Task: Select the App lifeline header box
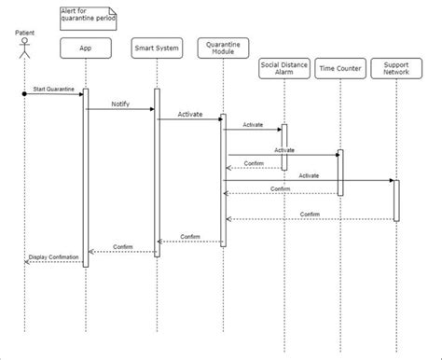click(x=86, y=47)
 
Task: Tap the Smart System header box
click(x=156, y=47)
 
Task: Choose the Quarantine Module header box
click(x=223, y=47)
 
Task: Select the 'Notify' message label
click(x=120, y=104)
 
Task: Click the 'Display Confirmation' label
click(x=53, y=256)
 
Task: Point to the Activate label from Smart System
click(x=190, y=113)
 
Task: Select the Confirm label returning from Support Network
click(x=310, y=215)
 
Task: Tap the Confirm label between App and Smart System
click(x=122, y=246)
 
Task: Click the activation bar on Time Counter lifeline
click(x=339, y=173)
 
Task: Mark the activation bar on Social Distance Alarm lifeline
click(x=283, y=146)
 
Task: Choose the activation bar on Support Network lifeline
click(x=395, y=200)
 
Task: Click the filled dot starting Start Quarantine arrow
click(x=25, y=93)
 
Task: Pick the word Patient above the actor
click(x=25, y=34)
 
